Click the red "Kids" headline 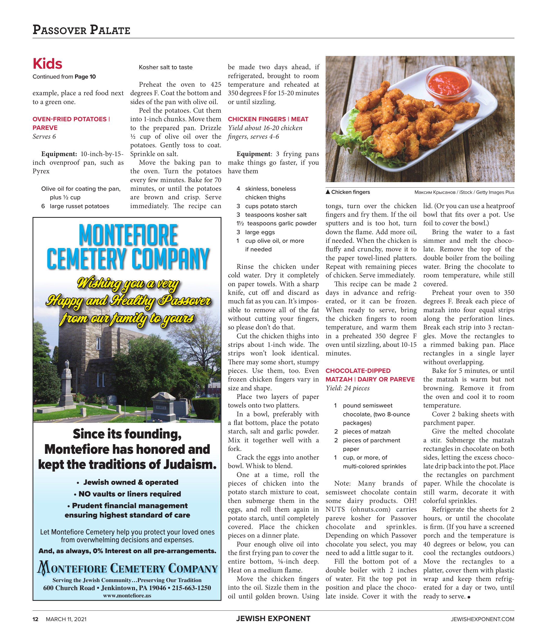[47, 64]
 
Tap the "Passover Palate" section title [81, 30]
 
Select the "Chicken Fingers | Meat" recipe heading [268, 119]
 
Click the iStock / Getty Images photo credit [464, 192]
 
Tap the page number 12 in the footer [36, 619]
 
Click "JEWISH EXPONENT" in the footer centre [273, 619]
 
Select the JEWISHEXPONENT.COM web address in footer [482, 619]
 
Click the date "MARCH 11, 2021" [66, 619]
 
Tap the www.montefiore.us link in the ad [127, 595]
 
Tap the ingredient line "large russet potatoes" [79, 206]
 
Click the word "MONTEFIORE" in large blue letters [128, 236]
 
